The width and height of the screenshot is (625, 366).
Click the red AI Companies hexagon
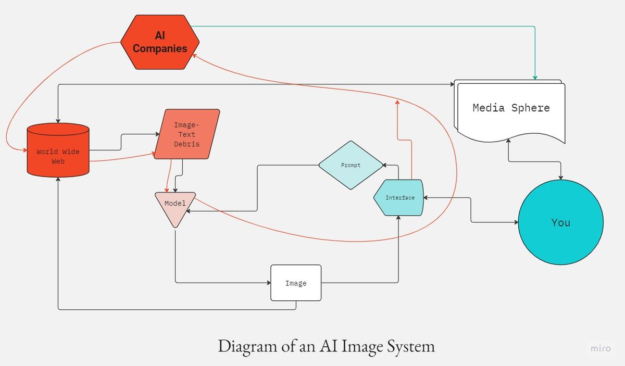point(159,42)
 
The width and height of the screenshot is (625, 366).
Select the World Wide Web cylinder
point(58,151)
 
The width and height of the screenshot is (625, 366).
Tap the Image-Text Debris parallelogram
point(187,134)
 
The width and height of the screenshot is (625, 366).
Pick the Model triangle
point(175,207)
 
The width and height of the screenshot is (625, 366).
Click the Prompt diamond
point(351,165)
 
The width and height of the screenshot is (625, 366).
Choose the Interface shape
point(399,198)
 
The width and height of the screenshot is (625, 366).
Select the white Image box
point(296,283)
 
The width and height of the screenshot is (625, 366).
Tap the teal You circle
point(561,222)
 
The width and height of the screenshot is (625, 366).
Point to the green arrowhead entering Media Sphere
point(535,78)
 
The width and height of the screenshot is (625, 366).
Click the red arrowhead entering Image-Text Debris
point(154,154)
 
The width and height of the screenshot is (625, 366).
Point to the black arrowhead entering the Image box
point(268,283)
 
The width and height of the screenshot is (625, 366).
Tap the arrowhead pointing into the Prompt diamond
point(385,165)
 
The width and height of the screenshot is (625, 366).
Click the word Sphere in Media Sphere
point(530,108)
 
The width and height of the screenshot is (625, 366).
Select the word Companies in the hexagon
point(159,48)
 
